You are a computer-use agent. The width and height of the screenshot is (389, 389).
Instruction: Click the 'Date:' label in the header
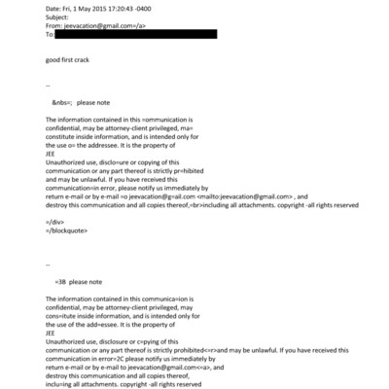pyautogui.click(x=54, y=8)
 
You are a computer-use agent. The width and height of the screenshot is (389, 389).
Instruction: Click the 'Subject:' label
pyautogui.click(x=59, y=18)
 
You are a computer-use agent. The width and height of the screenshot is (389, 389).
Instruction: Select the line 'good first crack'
pyautogui.click(x=69, y=59)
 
